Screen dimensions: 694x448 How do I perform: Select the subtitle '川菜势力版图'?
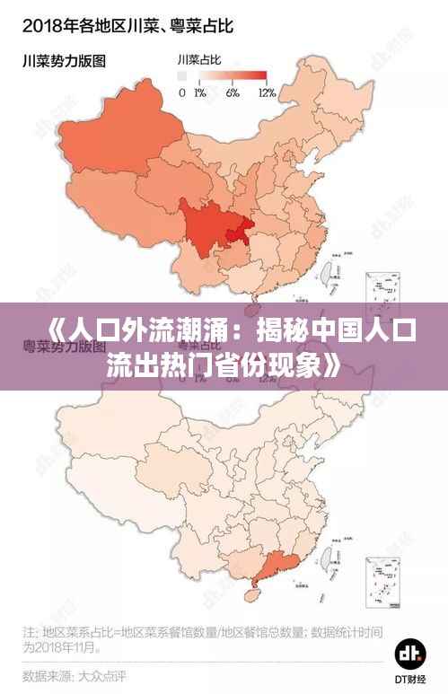pos(65,62)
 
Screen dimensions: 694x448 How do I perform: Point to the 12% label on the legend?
pos(267,93)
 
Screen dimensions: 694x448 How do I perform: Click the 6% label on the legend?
pos(233,93)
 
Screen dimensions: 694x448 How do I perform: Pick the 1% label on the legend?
pos(200,93)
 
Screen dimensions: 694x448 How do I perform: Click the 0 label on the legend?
pos(182,93)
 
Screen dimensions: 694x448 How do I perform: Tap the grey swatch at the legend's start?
pos(182,76)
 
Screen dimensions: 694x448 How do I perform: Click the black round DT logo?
pos(411,652)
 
